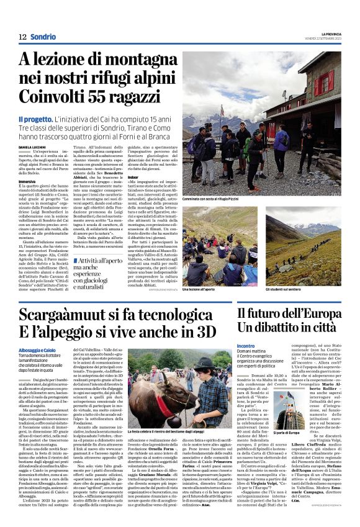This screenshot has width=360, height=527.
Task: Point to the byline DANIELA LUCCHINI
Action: click(x=32, y=146)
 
